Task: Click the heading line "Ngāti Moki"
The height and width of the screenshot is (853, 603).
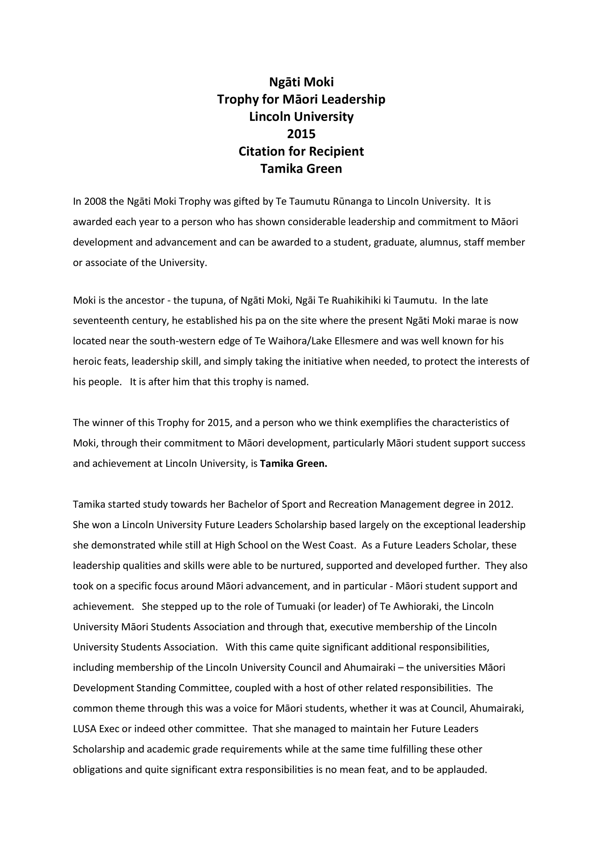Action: [301, 82]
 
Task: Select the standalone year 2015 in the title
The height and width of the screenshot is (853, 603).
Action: [301, 134]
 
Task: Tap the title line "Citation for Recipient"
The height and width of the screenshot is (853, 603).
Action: [301, 151]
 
